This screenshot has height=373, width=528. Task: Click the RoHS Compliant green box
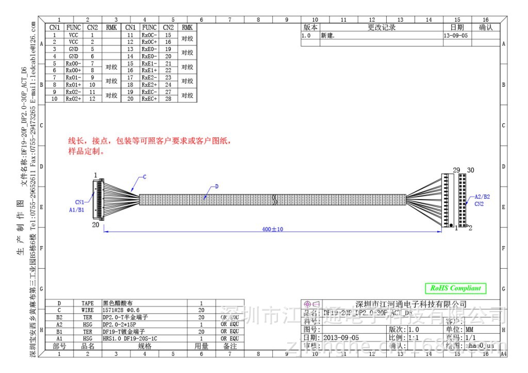pos(455,288)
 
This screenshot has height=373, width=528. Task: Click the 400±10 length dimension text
pos(273,229)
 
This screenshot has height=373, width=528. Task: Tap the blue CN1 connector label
pos(79,202)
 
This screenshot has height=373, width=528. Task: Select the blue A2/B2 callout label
pos(482,197)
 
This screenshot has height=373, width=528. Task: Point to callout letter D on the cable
pos(217,186)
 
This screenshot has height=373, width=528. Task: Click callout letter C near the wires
pos(144,177)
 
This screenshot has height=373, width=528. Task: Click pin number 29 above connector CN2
pos(456,170)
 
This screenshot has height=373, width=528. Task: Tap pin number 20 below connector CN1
pos(95,225)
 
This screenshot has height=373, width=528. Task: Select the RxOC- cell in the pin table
pos(149,35)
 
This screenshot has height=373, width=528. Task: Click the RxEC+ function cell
pos(149,99)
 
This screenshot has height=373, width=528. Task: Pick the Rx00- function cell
pos(73,63)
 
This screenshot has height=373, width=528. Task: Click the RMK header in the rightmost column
pos(187,27)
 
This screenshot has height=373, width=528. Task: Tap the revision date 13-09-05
pos(455,36)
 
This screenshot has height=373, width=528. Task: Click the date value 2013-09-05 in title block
pos(337,337)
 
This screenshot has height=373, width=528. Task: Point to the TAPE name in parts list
pos(88,303)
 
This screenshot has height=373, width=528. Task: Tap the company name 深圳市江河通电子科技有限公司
pos(411,304)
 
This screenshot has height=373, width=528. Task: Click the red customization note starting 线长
pos(150,141)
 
